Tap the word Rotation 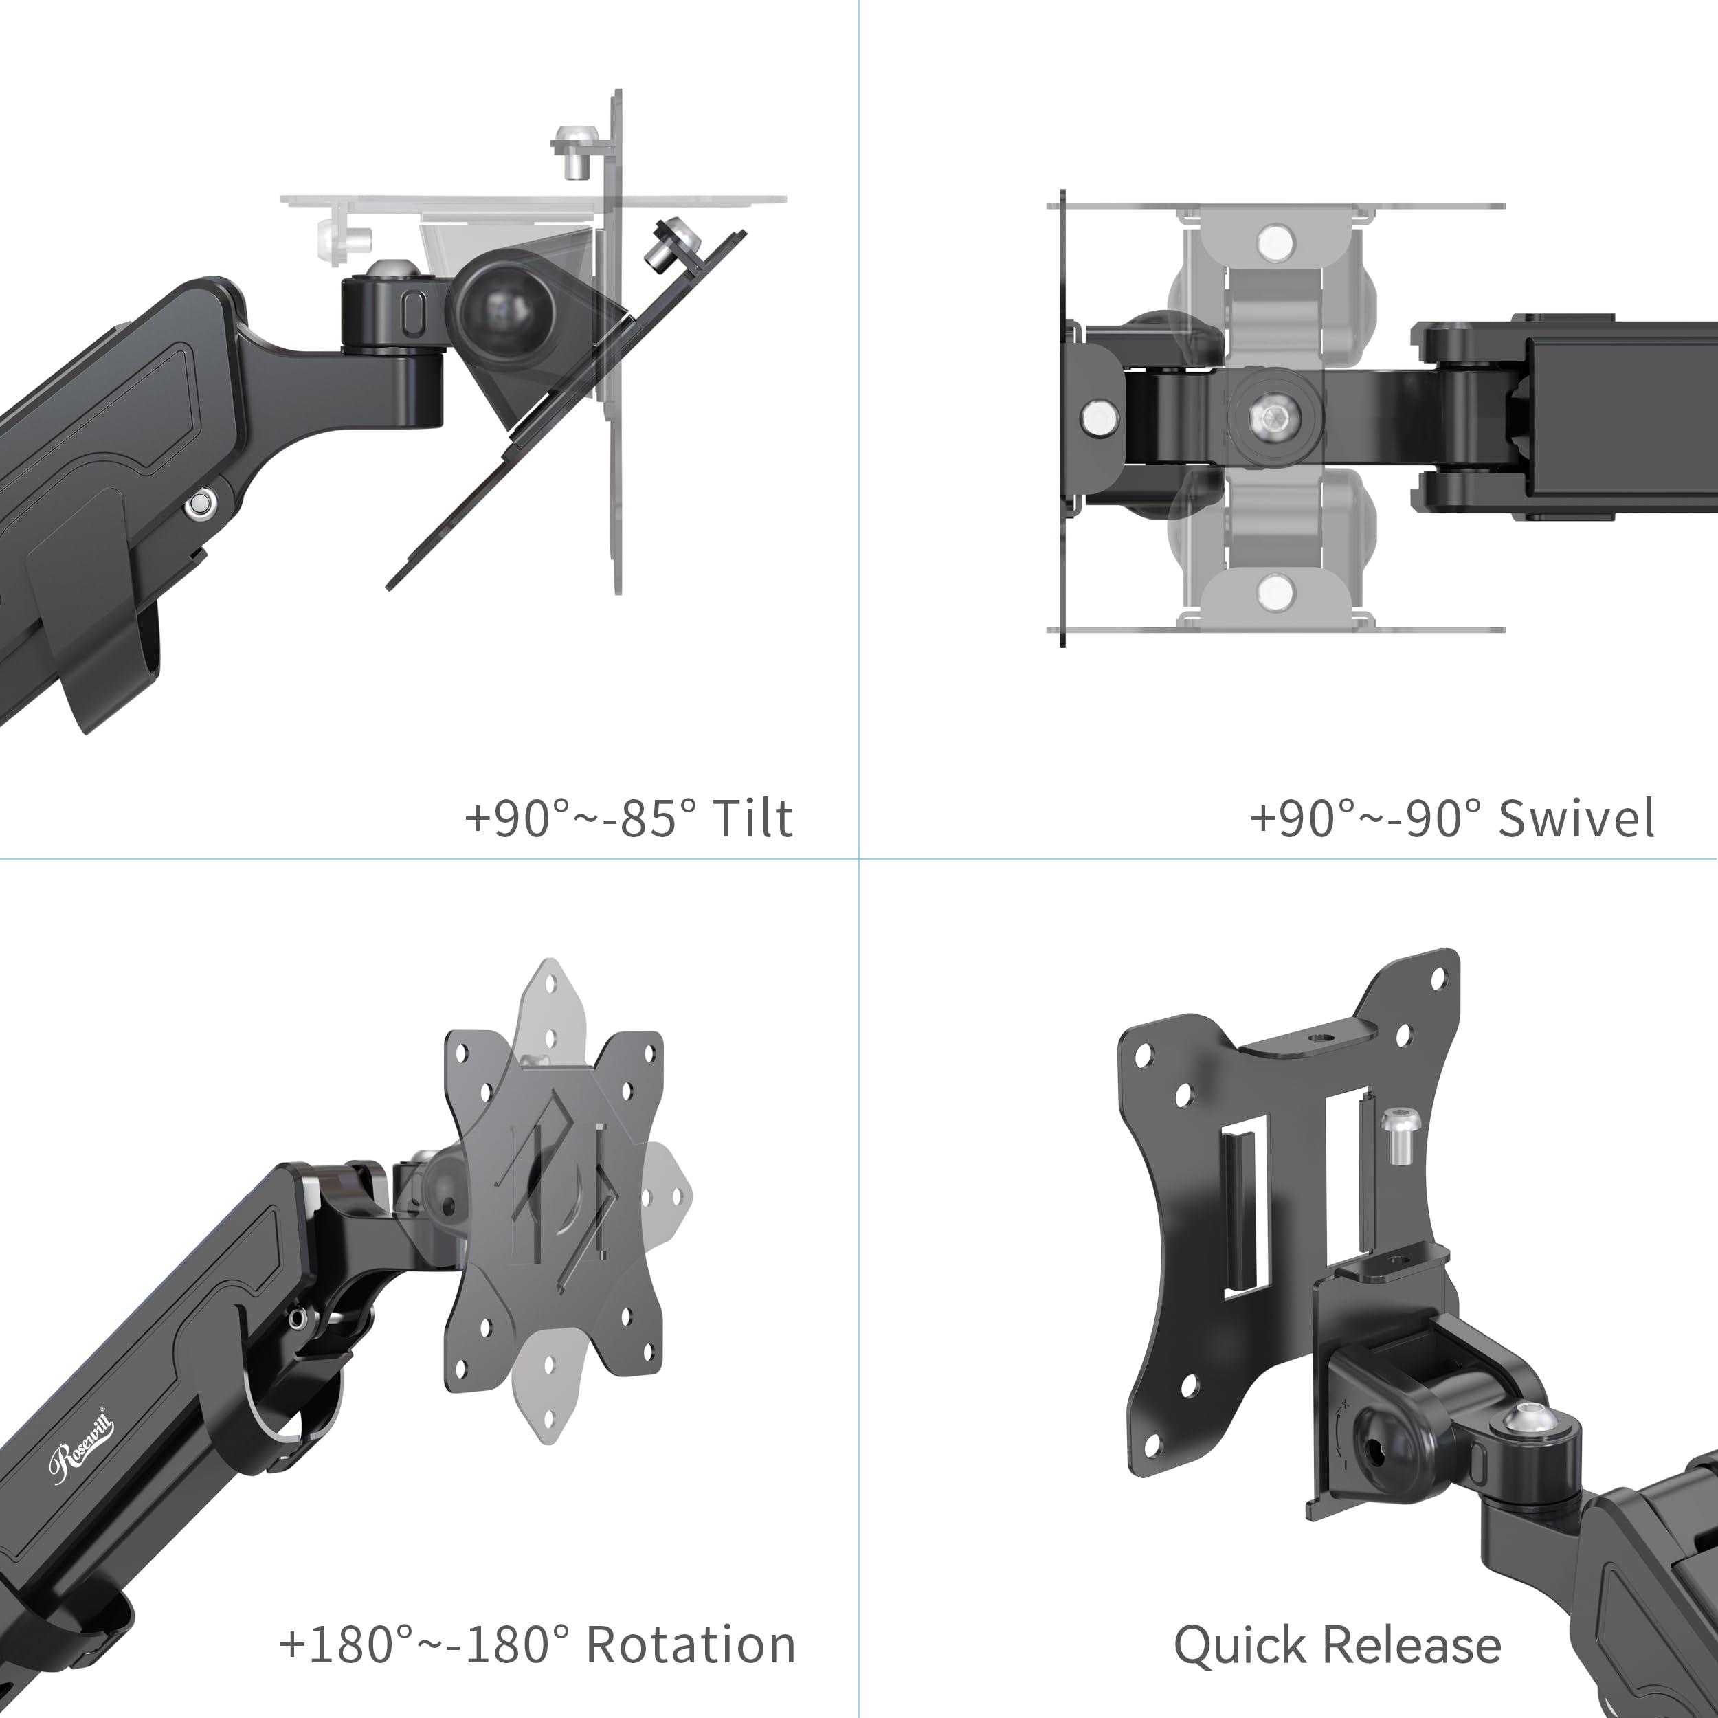(691, 1644)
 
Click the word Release (1413, 1644)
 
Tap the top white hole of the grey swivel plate (1275, 240)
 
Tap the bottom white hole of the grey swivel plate (1275, 592)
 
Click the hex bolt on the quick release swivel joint (1530, 1421)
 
